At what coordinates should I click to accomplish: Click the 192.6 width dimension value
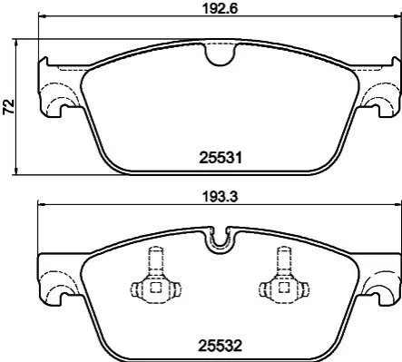coord(220,8)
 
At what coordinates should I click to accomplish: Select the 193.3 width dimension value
coord(220,197)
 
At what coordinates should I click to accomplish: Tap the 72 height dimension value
coord(9,106)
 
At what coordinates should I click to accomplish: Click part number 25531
coord(221,158)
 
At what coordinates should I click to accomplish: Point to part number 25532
coord(221,346)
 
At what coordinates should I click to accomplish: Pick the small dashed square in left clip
coord(155,288)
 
